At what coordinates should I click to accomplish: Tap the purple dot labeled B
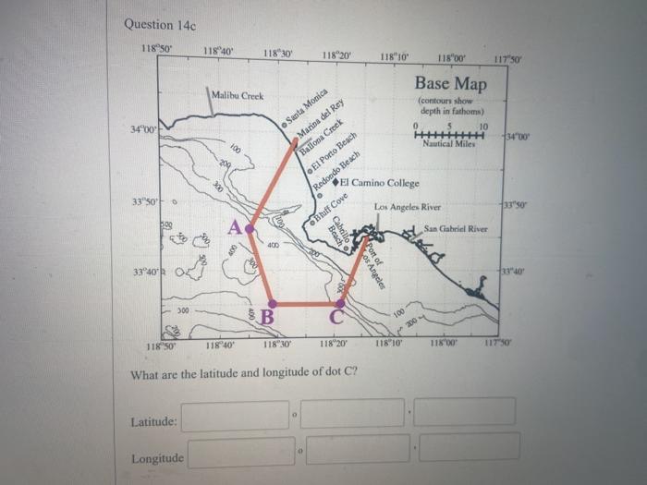[x=272, y=303]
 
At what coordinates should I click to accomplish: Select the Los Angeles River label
[x=408, y=208]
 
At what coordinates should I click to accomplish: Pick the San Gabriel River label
[x=456, y=228]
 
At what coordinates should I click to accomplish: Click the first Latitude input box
[x=236, y=415]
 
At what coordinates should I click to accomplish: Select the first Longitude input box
[x=241, y=452]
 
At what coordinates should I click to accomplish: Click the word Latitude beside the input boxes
[x=155, y=422]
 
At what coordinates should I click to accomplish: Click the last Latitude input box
[x=464, y=412]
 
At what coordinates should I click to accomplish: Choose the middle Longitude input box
[x=358, y=450]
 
